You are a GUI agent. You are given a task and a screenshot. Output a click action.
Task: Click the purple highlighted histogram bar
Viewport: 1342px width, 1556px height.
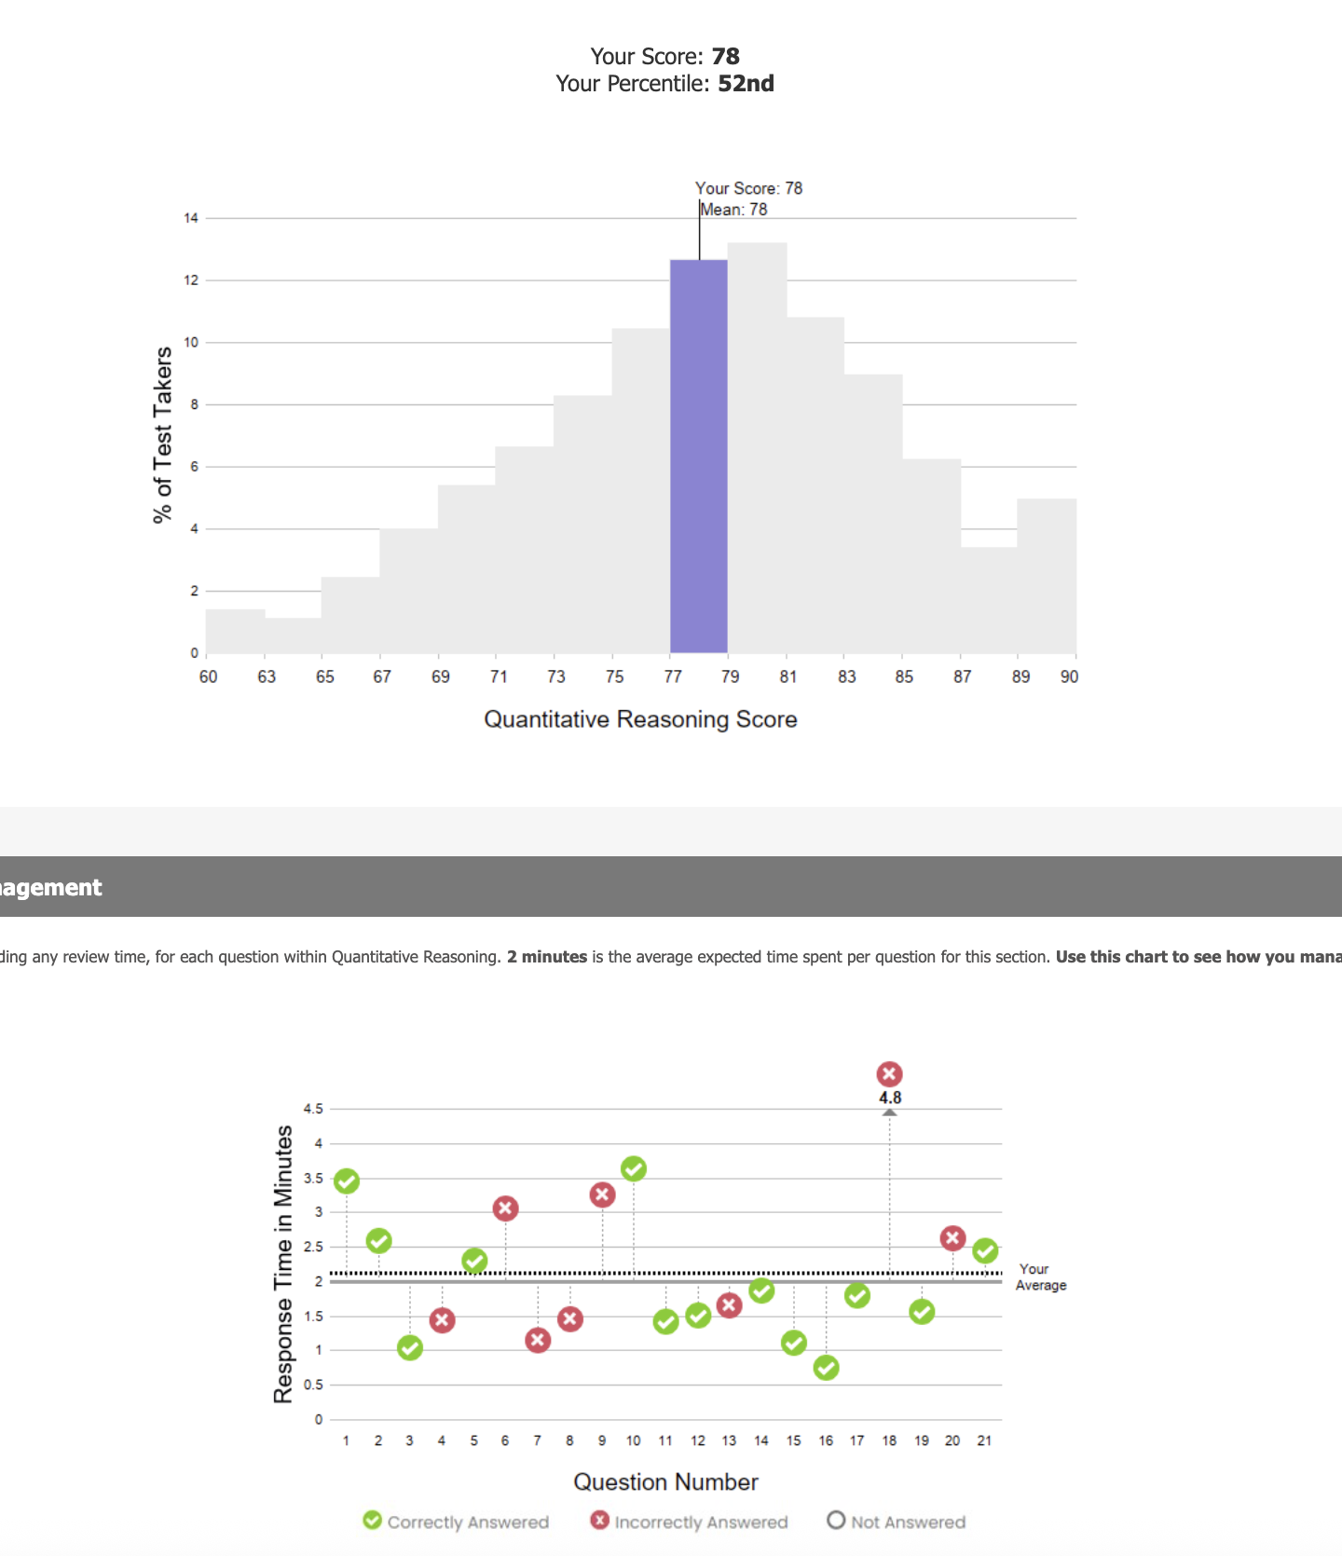[699, 457]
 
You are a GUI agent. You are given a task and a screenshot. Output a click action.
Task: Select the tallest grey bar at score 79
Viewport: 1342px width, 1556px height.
[757, 447]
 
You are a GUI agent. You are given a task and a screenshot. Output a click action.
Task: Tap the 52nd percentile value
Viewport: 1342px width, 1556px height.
[746, 84]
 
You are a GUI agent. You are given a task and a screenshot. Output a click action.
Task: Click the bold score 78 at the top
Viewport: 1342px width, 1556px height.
[725, 57]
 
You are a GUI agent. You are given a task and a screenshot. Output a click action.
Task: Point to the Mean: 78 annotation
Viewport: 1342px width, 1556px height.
[734, 210]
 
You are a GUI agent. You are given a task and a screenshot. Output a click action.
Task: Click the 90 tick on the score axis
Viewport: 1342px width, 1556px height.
[1069, 677]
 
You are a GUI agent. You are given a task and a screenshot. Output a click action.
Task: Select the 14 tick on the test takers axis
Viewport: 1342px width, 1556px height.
[191, 218]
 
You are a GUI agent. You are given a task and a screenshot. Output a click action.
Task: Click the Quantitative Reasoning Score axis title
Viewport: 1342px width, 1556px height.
[640, 719]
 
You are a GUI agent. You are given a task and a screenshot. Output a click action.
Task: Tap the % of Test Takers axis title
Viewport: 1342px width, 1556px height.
[163, 434]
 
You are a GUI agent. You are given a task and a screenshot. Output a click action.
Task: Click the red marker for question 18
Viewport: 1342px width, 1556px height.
[889, 1074]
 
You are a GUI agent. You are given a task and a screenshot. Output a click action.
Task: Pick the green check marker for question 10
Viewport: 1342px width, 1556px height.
[634, 1168]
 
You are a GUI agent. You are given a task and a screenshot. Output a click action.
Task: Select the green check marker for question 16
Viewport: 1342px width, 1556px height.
[826, 1368]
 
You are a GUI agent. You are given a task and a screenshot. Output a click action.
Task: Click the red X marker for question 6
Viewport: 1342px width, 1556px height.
[505, 1208]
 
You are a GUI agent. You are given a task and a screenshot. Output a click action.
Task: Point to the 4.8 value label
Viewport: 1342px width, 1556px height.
[890, 1098]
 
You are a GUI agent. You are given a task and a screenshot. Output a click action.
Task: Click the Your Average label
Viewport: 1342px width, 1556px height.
[1040, 1276]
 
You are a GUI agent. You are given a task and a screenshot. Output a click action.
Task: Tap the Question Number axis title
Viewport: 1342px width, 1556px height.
[665, 1482]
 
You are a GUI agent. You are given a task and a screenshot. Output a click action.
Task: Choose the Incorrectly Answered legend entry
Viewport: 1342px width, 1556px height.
[690, 1522]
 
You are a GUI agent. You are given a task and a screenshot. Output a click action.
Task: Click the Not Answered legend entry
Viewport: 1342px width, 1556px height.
[897, 1522]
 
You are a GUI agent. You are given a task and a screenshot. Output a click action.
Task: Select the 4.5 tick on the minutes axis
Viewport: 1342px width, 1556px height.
[313, 1109]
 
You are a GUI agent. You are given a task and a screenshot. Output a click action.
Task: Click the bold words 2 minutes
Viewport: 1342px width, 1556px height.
[547, 957]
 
